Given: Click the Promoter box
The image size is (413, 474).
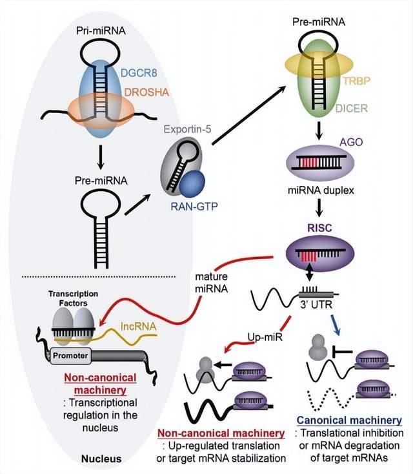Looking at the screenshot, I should (x=70, y=355).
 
